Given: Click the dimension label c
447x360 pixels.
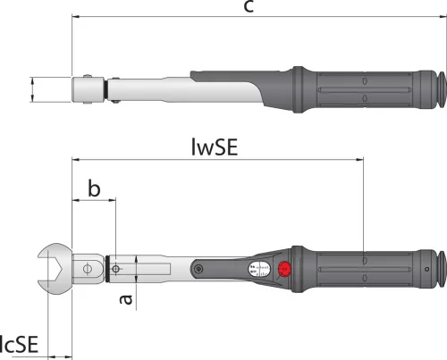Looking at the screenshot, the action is [249, 6].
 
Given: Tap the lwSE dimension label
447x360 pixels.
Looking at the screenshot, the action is [215, 147].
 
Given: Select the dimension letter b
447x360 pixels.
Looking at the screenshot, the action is [94, 188].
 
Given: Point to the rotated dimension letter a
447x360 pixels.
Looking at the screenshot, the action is [126, 299].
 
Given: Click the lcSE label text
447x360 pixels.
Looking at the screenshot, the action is [19, 344].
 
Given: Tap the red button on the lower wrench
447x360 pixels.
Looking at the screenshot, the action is [284, 269].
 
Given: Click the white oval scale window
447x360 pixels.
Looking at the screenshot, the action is [259, 269].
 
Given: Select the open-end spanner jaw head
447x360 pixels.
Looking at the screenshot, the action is [55, 269].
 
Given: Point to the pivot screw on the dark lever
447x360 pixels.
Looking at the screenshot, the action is [198, 269].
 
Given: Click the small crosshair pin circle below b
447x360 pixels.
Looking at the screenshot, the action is [115, 269].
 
